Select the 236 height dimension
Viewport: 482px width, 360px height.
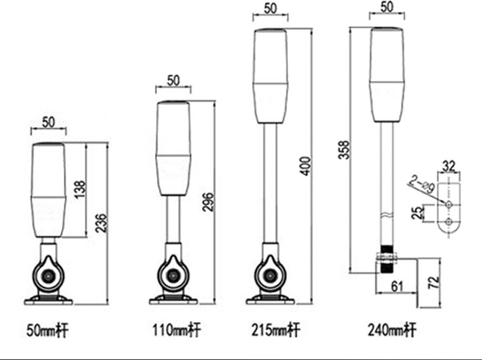click(101, 225)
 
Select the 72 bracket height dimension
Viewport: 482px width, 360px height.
click(433, 282)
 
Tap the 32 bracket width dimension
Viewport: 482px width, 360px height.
click(448, 166)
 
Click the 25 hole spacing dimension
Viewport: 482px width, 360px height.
click(416, 212)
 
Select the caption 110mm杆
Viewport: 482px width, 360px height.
click(177, 331)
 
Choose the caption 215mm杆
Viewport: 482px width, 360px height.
click(276, 331)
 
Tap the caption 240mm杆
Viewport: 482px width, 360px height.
click(392, 331)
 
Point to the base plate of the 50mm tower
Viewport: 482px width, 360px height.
click(48, 300)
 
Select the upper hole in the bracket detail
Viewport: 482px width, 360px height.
click(448, 202)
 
